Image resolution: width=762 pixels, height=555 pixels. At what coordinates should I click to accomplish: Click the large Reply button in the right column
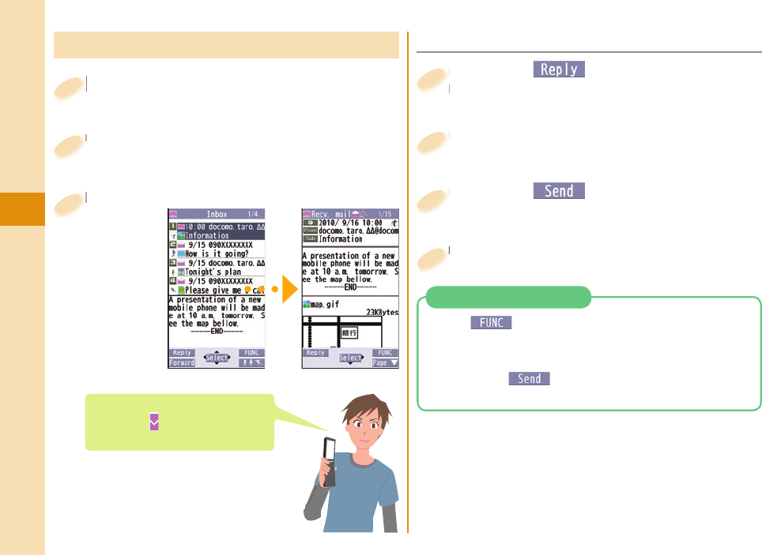[559, 69]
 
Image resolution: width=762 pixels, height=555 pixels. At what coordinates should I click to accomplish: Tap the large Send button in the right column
[559, 191]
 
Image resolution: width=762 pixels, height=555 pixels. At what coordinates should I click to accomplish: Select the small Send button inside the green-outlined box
[529, 379]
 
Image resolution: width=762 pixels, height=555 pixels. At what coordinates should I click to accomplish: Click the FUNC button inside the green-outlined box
[491, 322]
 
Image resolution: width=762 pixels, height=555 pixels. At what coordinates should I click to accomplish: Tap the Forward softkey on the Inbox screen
[182, 363]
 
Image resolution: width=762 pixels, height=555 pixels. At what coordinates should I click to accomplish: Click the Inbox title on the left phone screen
[217, 214]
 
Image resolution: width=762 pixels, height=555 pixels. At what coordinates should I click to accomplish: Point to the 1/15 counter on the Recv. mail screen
[387, 214]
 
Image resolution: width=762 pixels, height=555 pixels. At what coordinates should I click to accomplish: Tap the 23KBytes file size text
[382, 313]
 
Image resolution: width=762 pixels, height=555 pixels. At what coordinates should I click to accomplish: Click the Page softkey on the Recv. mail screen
[386, 363]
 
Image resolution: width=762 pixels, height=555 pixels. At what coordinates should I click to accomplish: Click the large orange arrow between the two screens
[285, 289]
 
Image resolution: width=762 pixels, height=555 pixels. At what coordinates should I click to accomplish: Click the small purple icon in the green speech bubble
[153, 422]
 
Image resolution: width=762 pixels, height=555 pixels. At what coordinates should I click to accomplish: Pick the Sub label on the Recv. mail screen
[310, 238]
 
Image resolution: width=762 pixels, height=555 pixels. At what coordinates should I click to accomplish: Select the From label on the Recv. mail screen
[310, 230]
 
